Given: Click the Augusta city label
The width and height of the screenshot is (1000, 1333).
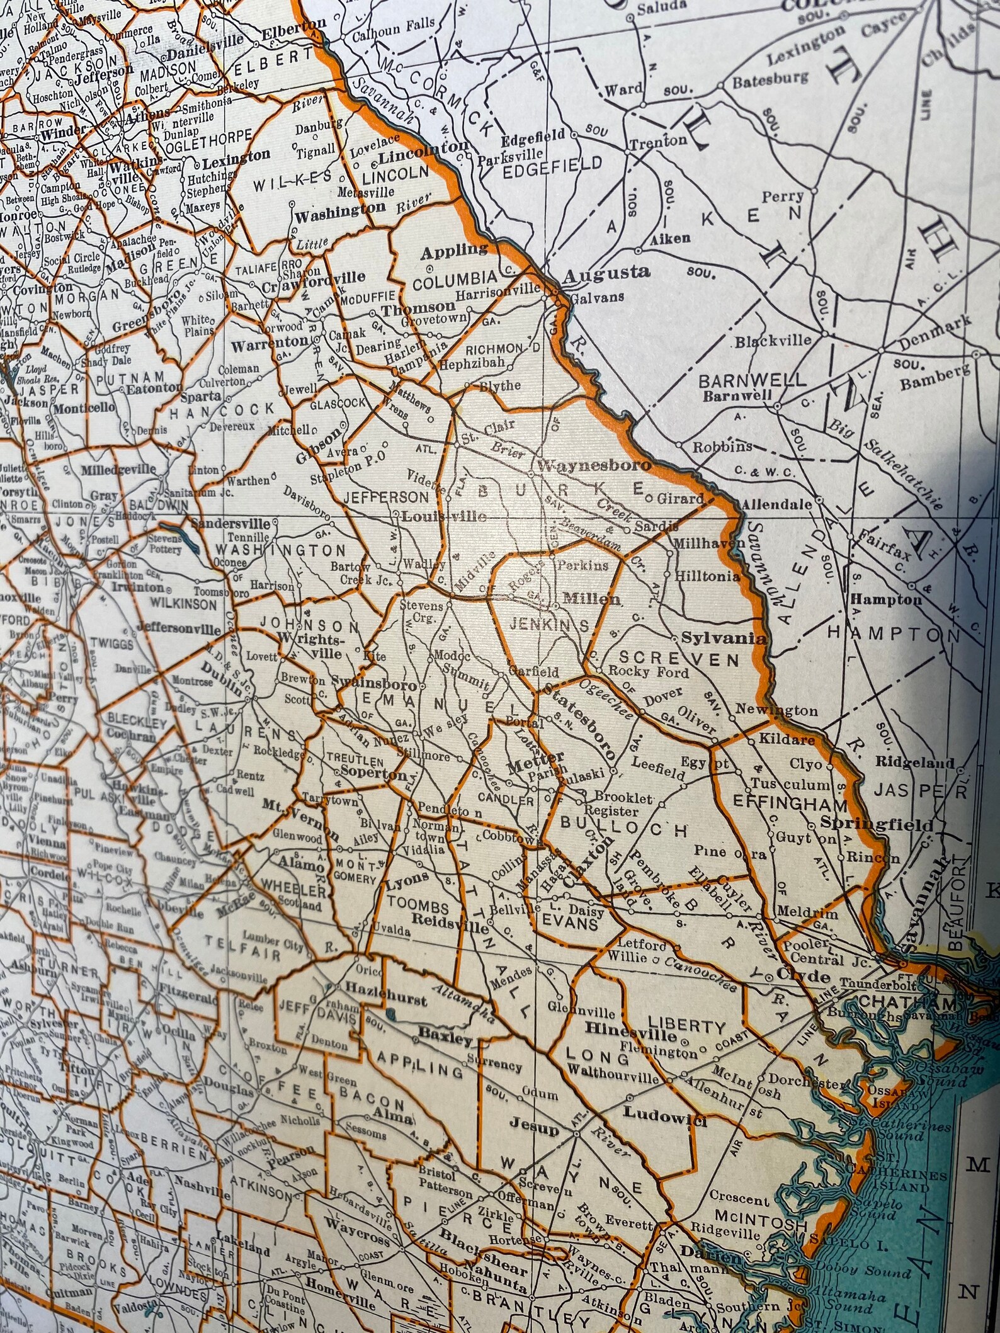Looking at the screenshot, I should pos(606,273).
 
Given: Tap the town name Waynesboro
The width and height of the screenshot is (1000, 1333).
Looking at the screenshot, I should pos(594,466).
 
